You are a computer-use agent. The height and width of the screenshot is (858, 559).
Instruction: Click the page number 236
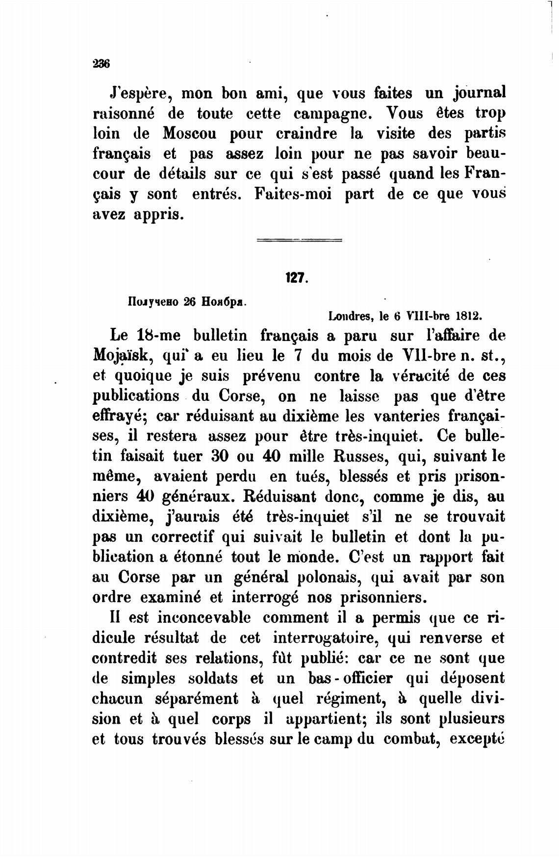pos(101,64)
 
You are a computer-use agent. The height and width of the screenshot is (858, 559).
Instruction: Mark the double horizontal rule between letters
pos(300,240)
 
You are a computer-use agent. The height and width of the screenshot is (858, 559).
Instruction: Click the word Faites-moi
pos(293,194)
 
